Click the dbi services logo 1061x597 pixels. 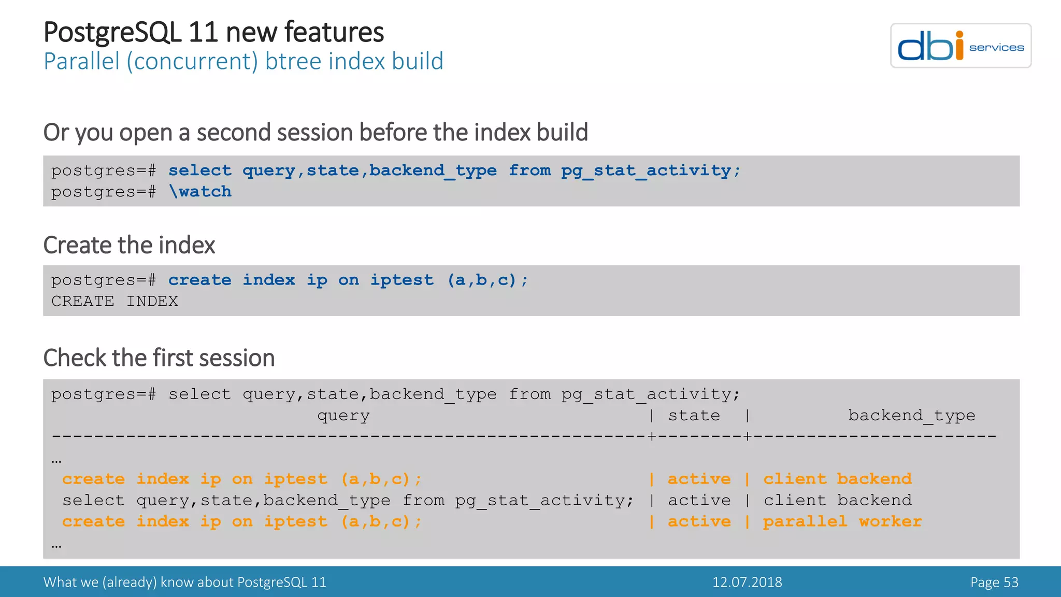pos(960,46)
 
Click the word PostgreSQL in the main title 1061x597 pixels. pos(112,32)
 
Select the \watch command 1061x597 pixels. pos(200,192)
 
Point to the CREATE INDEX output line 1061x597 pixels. pos(114,301)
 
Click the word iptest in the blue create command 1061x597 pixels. pos(402,280)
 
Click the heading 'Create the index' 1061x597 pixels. pos(129,245)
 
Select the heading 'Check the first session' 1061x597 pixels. pos(159,358)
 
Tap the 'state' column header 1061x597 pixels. pos(694,416)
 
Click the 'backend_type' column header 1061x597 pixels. pos(911,416)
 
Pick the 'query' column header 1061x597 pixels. pos(343,416)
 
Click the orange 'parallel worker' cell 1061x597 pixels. pos(842,521)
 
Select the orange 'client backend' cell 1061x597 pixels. pos(837,479)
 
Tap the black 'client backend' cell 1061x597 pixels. pos(837,500)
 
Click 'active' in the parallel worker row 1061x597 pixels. pos(699,521)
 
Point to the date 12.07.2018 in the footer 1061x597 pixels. pos(747,582)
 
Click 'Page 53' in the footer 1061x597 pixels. pos(994,582)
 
